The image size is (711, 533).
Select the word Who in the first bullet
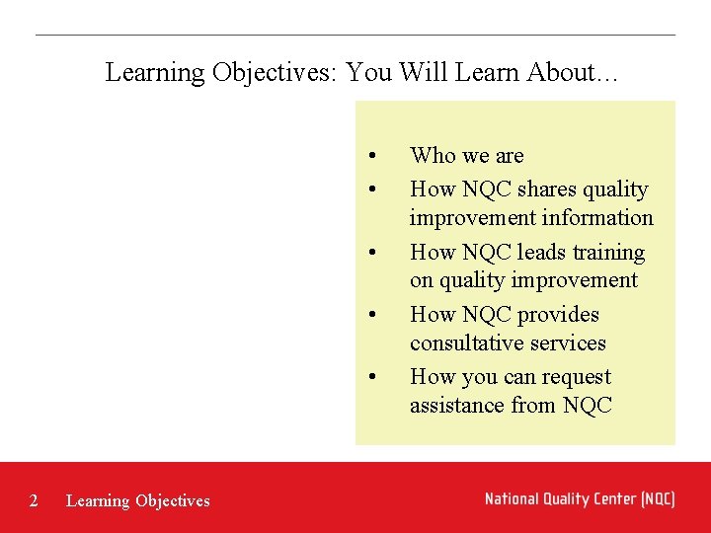433,155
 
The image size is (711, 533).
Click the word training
607,253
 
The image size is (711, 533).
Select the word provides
559,315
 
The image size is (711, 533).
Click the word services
570,343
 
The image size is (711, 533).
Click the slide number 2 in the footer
34,500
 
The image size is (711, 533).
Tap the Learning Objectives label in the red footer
137,500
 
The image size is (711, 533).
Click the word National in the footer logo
514,498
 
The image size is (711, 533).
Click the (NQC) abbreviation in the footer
657,498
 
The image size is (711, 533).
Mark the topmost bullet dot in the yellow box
371,155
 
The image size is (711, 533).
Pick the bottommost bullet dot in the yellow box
371,377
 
